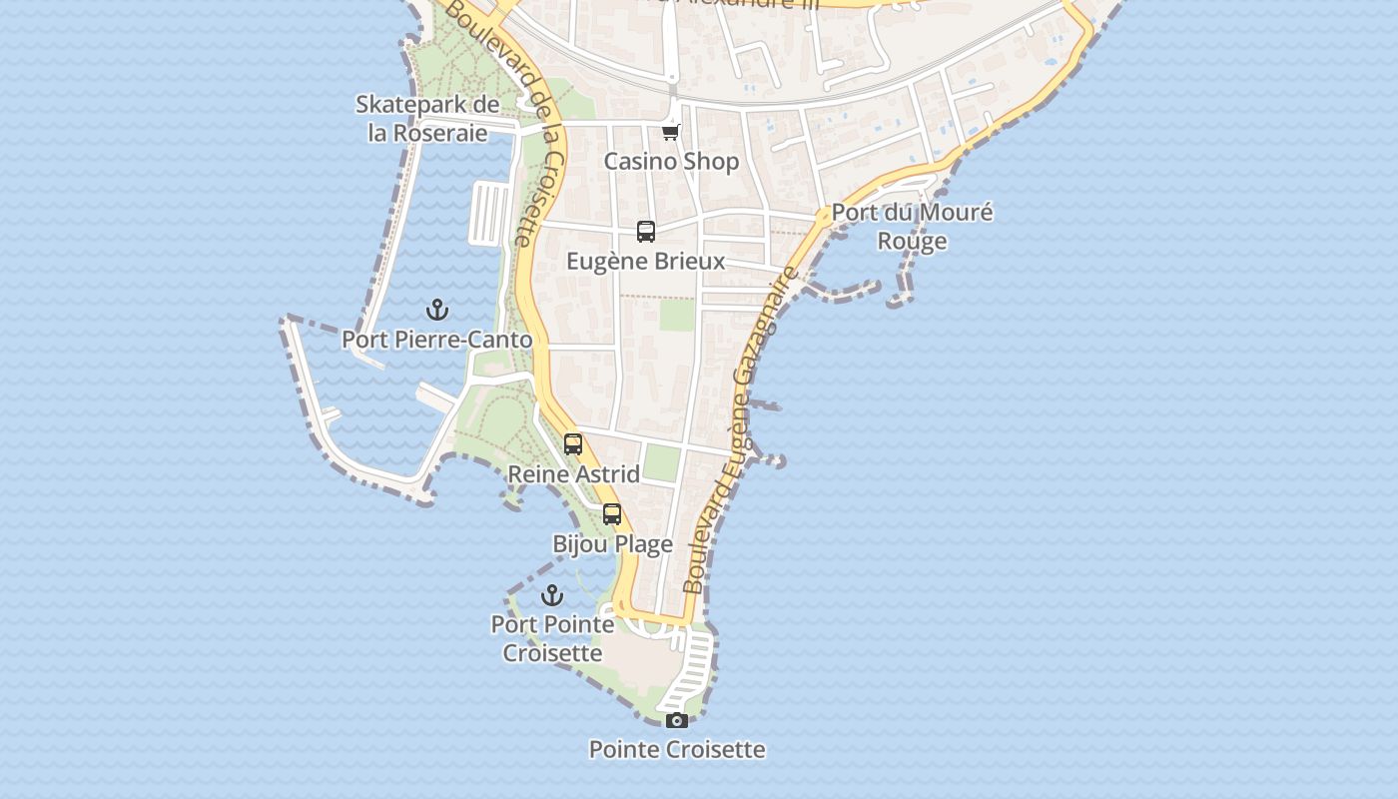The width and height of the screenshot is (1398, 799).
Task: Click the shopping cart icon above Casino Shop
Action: click(x=671, y=132)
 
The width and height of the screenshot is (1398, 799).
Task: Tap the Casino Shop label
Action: click(x=671, y=161)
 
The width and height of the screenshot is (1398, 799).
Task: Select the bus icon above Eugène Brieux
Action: click(x=646, y=232)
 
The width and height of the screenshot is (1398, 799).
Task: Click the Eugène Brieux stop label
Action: click(x=646, y=262)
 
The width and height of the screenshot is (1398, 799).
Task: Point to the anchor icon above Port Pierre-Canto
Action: click(x=437, y=310)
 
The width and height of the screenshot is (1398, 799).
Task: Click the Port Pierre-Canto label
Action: click(x=437, y=340)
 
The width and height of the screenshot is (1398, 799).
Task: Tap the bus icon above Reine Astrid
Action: click(x=573, y=444)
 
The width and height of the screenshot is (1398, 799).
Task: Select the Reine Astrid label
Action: click(x=573, y=474)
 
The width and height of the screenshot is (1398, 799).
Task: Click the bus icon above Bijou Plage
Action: click(x=612, y=515)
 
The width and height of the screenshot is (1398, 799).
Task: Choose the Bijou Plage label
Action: click(x=612, y=544)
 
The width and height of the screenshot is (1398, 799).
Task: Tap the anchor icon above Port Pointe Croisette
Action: click(x=552, y=596)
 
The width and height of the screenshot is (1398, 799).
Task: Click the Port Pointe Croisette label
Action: click(x=552, y=638)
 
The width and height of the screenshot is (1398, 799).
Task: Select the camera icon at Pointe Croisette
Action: click(x=677, y=720)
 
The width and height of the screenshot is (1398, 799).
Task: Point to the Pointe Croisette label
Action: click(x=677, y=749)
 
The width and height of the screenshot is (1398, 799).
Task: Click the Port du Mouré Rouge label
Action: click(x=912, y=227)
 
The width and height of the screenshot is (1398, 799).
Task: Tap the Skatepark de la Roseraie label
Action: click(x=427, y=119)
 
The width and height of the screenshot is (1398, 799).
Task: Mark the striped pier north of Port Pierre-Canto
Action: click(x=489, y=213)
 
